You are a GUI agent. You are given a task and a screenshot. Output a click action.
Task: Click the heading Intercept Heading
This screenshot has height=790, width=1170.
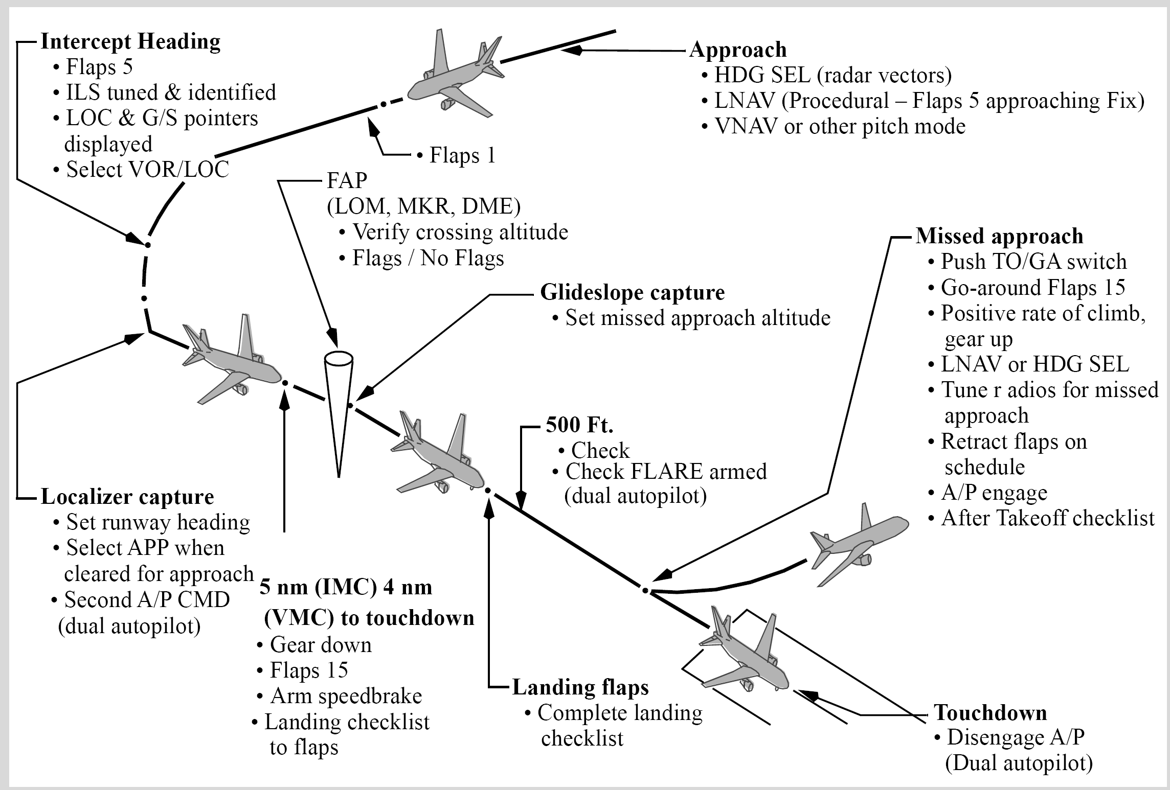coord(130,42)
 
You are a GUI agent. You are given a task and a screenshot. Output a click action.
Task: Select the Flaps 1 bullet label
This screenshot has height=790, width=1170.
coord(457,155)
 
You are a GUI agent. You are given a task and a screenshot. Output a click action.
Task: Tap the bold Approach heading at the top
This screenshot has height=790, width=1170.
coord(738,50)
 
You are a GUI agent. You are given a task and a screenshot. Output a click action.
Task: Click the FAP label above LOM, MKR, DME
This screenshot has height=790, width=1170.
coord(347,180)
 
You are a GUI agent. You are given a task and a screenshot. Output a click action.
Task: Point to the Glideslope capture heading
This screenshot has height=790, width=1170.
coord(633,292)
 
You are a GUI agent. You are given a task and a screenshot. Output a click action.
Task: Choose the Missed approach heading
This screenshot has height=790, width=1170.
coord(999,236)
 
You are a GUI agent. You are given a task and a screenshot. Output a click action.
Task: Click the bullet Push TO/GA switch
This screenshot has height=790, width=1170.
coord(1028,262)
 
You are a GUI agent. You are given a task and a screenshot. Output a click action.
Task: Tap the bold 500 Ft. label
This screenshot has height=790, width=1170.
coord(579,425)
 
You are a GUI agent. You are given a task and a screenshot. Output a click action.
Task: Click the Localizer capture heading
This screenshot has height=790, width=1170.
coord(127,497)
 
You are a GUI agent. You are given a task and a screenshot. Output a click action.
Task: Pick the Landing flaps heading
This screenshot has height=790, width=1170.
coord(580,687)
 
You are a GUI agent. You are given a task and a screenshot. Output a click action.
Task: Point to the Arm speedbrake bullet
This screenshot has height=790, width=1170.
coord(340,696)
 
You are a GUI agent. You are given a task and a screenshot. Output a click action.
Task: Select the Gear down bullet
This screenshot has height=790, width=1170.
coord(314,645)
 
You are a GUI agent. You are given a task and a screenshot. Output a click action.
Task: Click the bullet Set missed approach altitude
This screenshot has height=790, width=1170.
coord(691,318)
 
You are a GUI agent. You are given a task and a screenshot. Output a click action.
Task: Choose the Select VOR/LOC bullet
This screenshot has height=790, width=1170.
coord(141,170)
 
